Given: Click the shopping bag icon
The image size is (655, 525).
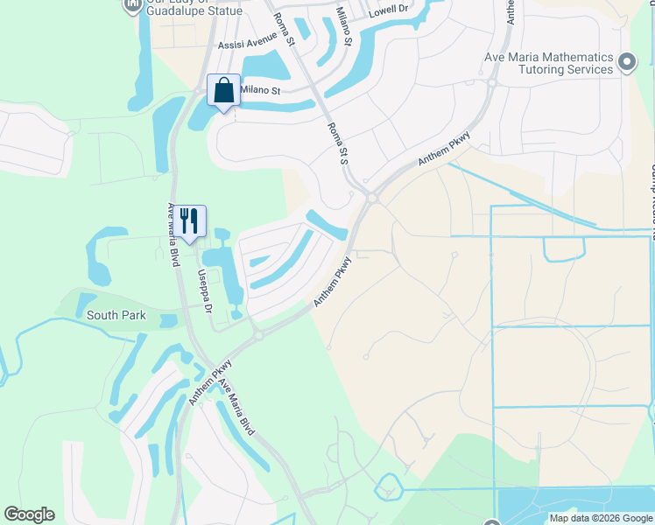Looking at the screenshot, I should point(223,90).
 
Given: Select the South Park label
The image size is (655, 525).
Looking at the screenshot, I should point(116,315).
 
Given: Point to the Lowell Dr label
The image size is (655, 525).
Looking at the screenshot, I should point(389,10).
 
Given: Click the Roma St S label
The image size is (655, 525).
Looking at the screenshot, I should point(338,141).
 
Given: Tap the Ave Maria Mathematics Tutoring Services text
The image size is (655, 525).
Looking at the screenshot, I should point(549,62).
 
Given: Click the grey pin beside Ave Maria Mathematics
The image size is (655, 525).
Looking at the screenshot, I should point(626,61).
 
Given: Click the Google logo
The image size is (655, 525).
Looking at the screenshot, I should point(29,514).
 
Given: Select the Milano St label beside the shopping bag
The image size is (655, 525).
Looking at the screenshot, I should point(260,90).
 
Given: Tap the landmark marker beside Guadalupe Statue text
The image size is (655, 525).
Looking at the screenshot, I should point(132,4).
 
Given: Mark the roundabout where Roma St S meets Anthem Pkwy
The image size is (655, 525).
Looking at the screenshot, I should point(373,199).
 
